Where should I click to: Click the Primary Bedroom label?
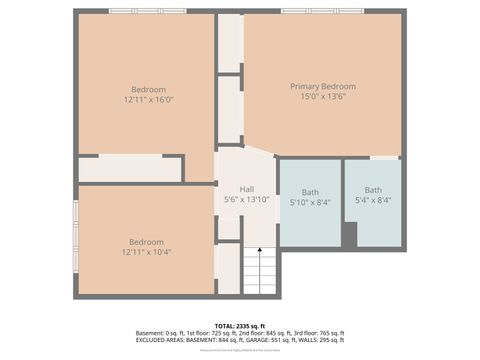[322, 86]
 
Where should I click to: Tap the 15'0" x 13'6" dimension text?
[322, 98]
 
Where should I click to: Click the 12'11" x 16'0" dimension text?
[148, 99]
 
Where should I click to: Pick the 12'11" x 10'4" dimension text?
[146, 252]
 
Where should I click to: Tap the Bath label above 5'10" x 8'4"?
[310, 191]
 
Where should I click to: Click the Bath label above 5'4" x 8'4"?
[373, 190]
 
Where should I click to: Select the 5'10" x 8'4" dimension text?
[310, 202]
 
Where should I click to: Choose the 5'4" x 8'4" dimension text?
[373, 201]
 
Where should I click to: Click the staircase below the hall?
[260, 271]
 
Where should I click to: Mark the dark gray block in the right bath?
[349, 235]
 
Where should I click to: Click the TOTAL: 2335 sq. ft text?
[240, 324]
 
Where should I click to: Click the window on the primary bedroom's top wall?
[322, 11]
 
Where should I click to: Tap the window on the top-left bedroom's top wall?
[148, 11]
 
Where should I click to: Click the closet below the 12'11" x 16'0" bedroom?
[129, 169]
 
